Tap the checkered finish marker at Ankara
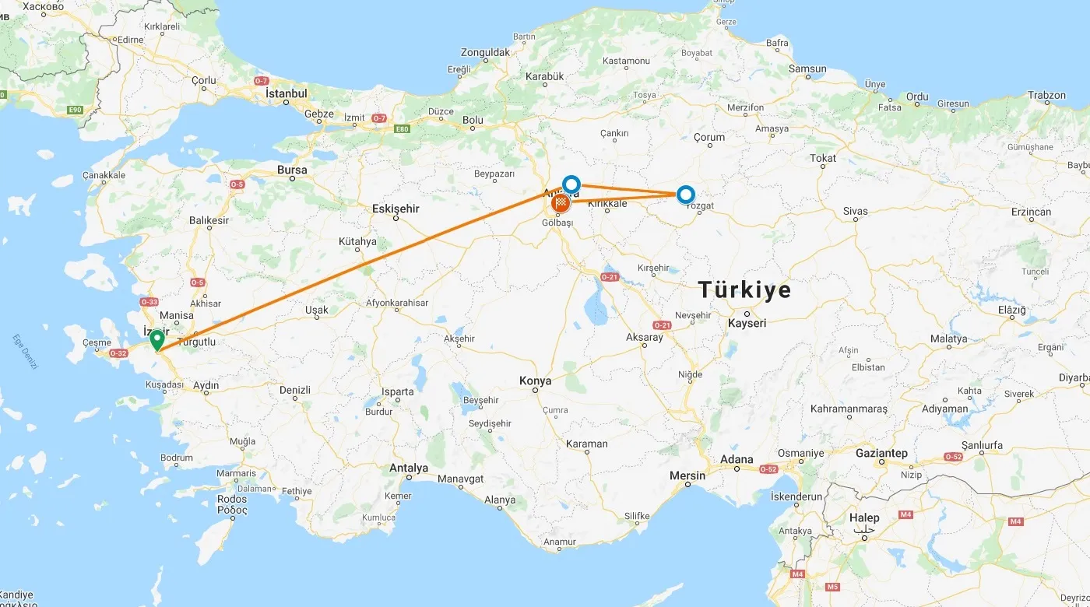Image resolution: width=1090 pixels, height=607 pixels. pyautogui.click(x=561, y=204)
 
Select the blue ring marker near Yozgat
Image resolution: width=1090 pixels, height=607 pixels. pyautogui.click(x=685, y=194)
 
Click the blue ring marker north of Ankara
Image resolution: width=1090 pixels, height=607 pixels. pyautogui.click(x=571, y=184)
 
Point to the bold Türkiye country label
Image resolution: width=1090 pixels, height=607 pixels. pyautogui.click(x=744, y=290)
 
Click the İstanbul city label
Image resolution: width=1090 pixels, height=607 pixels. pyautogui.click(x=287, y=93)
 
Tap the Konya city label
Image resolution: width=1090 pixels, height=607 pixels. pyautogui.click(x=536, y=381)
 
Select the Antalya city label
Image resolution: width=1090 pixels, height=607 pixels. pyautogui.click(x=409, y=468)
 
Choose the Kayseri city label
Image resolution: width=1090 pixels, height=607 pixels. pyautogui.click(x=747, y=323)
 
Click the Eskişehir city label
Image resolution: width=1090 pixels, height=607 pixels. pyautogui.click(x=396, y=209)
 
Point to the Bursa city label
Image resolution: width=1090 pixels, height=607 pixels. pyautogui.click(x=292, y=170)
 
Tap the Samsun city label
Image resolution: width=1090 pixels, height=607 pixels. pyautogui.click(x=807, y=68)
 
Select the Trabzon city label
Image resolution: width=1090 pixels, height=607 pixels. pyautogui.click(x=1046, y=96)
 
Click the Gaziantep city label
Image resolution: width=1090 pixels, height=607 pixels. pyautogui.click(x=881, y=453)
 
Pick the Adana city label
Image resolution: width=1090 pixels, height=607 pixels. pyautogui.click(x=737, y=459)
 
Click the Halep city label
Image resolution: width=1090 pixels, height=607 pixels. pyautogui.click(x=864, y=518)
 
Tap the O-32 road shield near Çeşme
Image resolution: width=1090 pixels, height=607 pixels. pyautogui.click(x=118, y=353)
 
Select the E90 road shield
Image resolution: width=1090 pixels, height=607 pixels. pyautogui.click(x=75, y=110)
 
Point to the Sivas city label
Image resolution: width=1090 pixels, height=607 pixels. pyautogui.click(x=855, y=211)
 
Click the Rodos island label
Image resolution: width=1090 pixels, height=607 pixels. pyautogui.click(x=232, y=499)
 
